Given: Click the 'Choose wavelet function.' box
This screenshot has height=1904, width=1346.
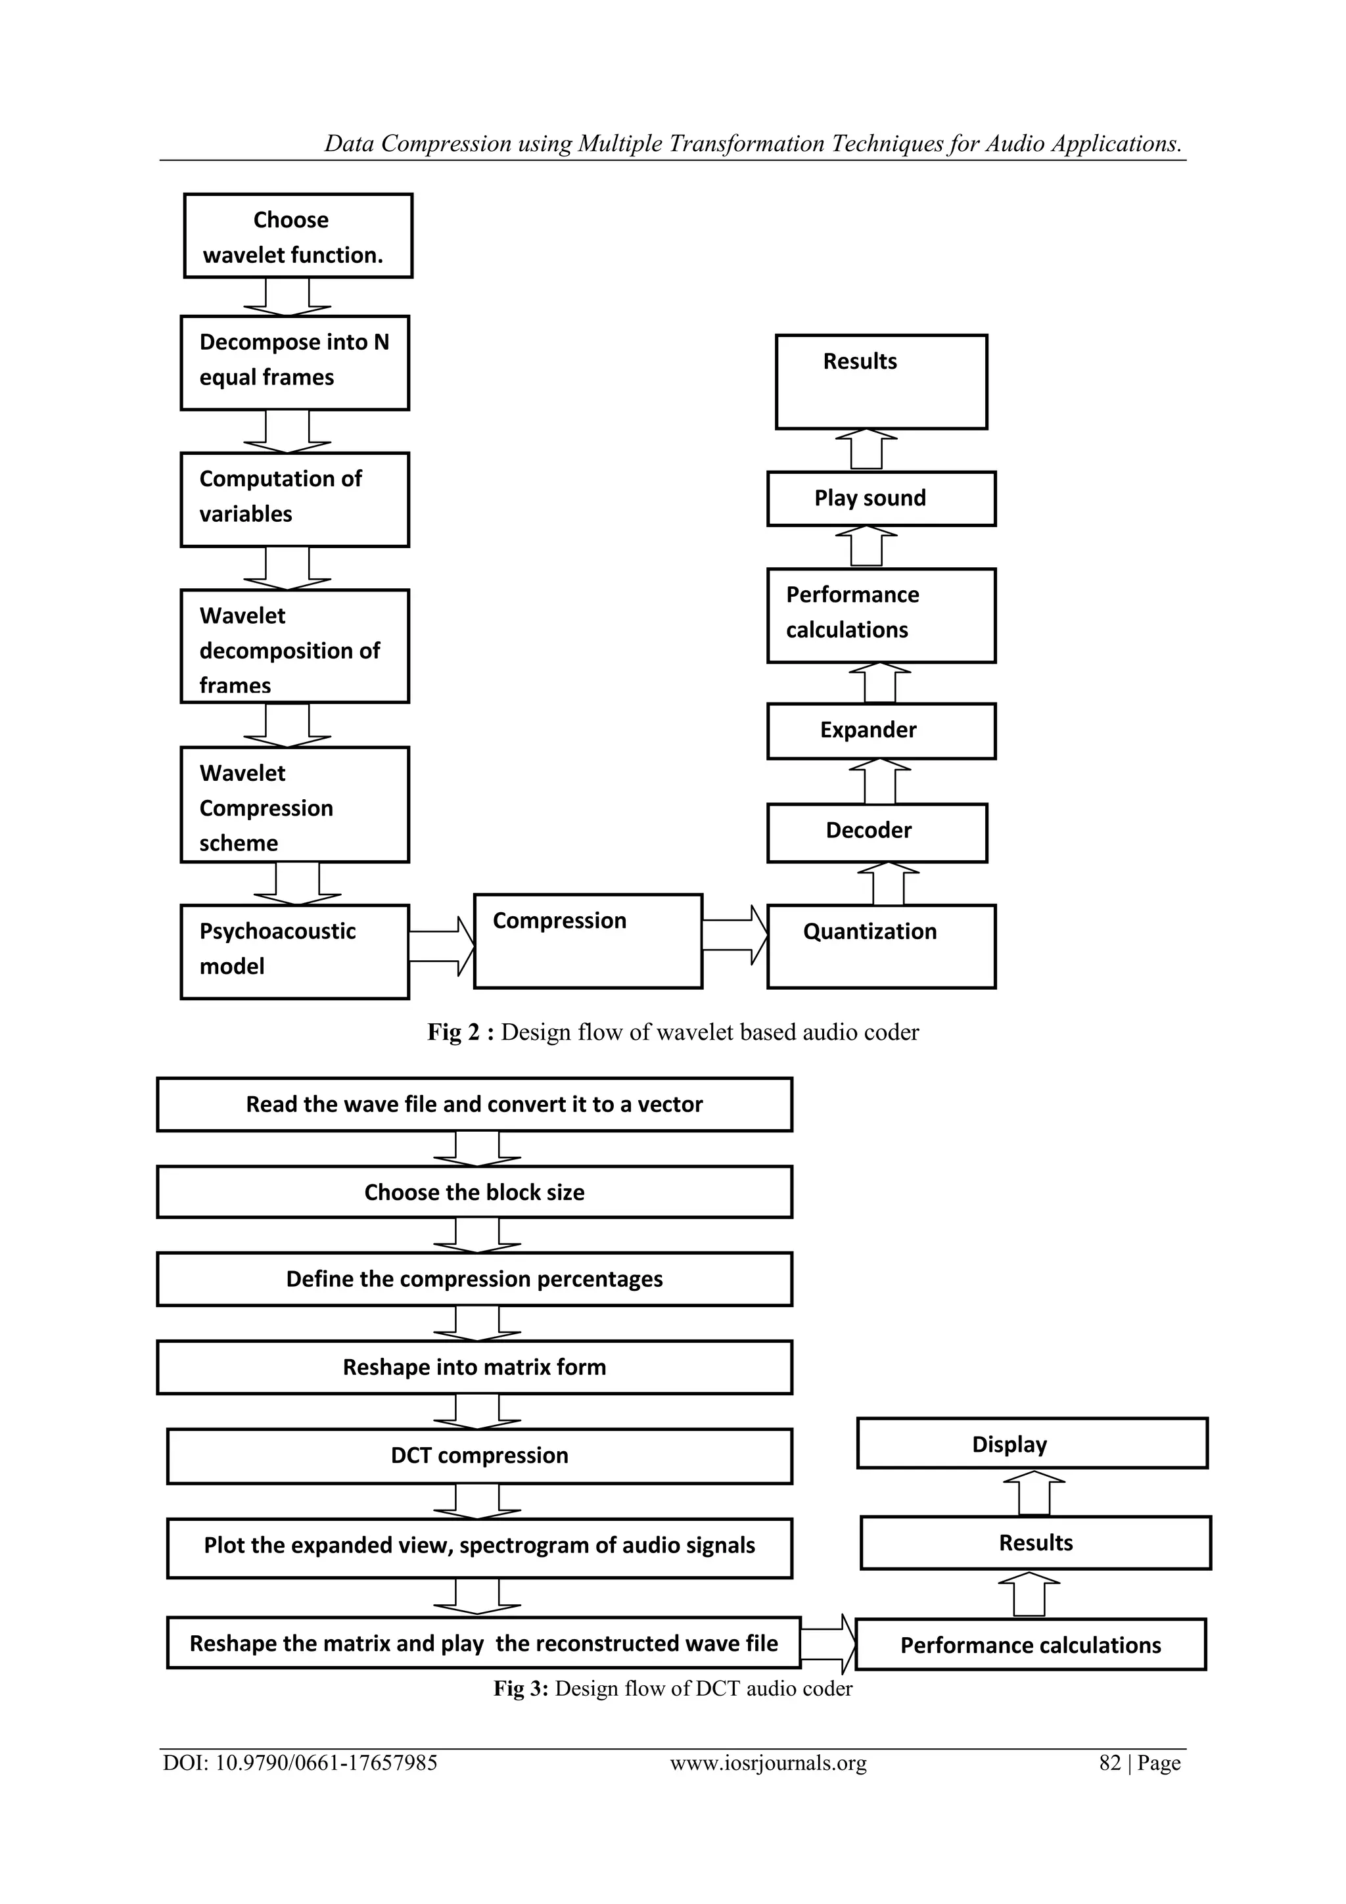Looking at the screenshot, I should tap(298, 237).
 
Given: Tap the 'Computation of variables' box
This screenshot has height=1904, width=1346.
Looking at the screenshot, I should tap(294, 499).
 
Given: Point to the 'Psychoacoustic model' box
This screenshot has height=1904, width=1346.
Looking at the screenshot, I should tap(294, 951).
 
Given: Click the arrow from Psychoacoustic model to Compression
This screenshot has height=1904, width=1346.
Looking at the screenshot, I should tap(441, 946).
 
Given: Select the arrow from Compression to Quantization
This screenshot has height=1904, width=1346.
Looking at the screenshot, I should tap(735, 935).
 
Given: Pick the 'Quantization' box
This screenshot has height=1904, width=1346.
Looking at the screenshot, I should tap(881, 946).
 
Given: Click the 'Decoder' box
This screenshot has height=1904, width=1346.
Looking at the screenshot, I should tap(877, 833).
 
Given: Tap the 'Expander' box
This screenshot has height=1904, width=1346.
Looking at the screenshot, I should tap(881, 731).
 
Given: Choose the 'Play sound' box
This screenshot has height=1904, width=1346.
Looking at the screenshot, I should tap(881, 498).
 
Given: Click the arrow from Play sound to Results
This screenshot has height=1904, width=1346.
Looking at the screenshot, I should tap(866, 450).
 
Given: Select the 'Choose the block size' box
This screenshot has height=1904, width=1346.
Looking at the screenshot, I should tap(475, 1192).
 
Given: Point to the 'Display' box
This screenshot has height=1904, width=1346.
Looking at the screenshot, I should tap(1032, 1444).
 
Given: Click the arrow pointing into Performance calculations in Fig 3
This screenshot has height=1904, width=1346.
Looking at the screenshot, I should tap(827, 1644).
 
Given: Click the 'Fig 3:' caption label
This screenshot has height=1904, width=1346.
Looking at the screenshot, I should tap(521, 1688).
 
